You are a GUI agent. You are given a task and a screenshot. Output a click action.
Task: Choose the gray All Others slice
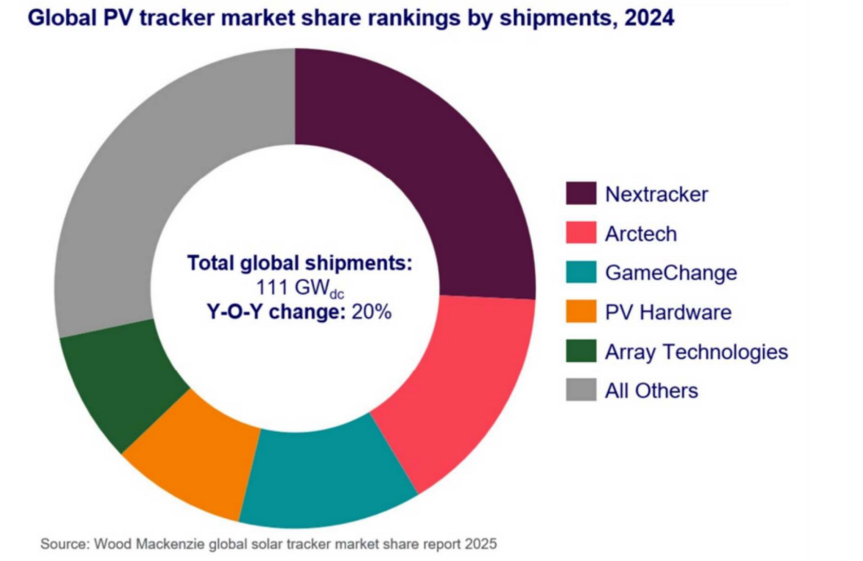[154, 169]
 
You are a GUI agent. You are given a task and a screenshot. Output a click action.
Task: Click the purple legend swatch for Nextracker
[581, 194]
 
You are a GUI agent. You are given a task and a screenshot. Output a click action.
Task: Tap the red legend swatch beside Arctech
[581, 233]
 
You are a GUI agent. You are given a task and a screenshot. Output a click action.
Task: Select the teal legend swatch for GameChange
[581, 272]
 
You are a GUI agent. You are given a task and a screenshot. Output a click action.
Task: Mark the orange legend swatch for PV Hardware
[581, 312]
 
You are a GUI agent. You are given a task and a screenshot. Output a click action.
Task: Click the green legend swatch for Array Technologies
[581, 351]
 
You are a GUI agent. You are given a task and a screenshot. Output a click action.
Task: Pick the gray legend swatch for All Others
[581, 390]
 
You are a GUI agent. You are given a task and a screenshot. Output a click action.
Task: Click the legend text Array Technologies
[696, 352]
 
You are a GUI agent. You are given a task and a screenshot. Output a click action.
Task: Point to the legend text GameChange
[671, 273]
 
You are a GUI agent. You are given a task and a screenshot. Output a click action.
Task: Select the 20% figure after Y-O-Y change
[371, 312]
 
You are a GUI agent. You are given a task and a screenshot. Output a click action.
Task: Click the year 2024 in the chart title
[649, 18]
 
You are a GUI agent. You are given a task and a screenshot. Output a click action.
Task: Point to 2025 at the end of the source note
[481, 544]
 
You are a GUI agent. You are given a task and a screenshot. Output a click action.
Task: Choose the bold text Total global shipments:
[299, 263]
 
